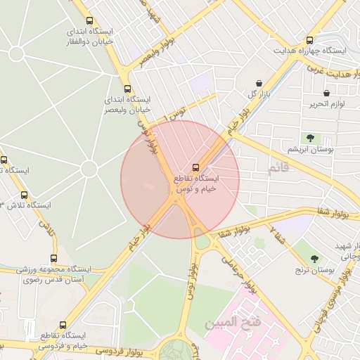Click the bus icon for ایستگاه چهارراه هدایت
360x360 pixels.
pos(310,41)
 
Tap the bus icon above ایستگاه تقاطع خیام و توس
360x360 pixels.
pos(195,167)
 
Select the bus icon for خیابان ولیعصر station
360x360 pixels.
pos(127,89)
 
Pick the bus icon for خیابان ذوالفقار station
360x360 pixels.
pos(89,20)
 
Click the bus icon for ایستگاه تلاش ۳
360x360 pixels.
pos(25,195)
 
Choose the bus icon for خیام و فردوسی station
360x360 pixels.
pos(63,325)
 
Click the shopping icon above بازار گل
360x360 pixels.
pos(259,83)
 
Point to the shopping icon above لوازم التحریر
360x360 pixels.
pos(326,93)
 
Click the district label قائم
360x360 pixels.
pos(278,169)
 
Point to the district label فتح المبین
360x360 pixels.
pos(228,324)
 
